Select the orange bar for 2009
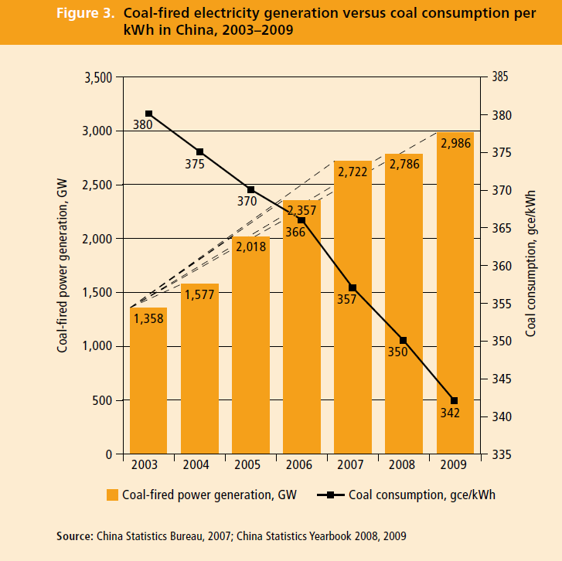(454, 294)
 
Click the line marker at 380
(148, 114)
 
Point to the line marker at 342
(454, 400)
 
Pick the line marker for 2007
(353, 287)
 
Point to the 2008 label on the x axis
(403, 466)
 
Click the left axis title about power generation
(63, 265)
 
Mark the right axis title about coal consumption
(531, 265)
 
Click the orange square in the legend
(113, 495)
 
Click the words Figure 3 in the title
(86, 14)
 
